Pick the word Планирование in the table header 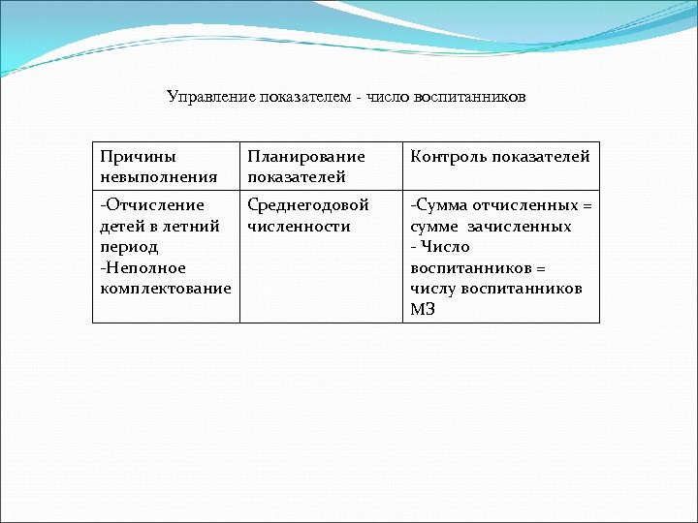tap(306, 156)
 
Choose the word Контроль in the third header tap(444, 156)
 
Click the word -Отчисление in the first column tap(152, 205)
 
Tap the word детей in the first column tap(120, 227)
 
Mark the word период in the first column tap(129, 247)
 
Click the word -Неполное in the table tap(143, 268)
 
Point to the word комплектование tap(166, 289)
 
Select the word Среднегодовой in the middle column tap(308, 205)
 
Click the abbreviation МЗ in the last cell tap(423, 310)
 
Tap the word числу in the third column tap(431, 289)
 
